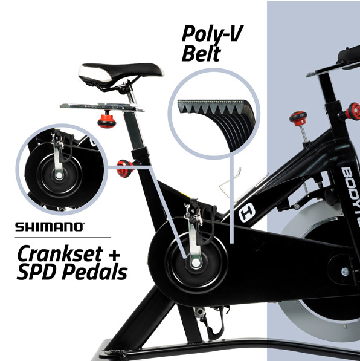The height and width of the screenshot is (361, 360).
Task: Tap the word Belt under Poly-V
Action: [201, 54]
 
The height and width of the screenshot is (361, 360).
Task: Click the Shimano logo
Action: [50, 227]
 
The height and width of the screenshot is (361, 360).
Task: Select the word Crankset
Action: [60, 255]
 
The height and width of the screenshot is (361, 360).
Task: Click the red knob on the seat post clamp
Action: [125, 169]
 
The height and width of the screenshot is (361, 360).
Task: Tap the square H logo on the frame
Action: [247, 212]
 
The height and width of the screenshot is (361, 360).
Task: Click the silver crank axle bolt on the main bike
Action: [196, 262]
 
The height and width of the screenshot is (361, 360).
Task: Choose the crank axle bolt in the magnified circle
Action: [59, 175]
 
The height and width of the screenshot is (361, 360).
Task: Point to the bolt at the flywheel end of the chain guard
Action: [345, 272]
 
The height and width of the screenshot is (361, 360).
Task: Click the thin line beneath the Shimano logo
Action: [63, 237]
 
